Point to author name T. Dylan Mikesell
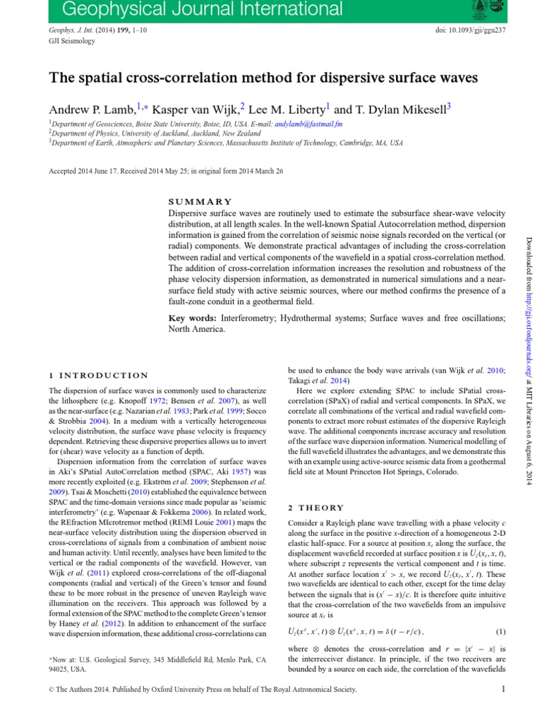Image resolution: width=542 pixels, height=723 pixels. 399,109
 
